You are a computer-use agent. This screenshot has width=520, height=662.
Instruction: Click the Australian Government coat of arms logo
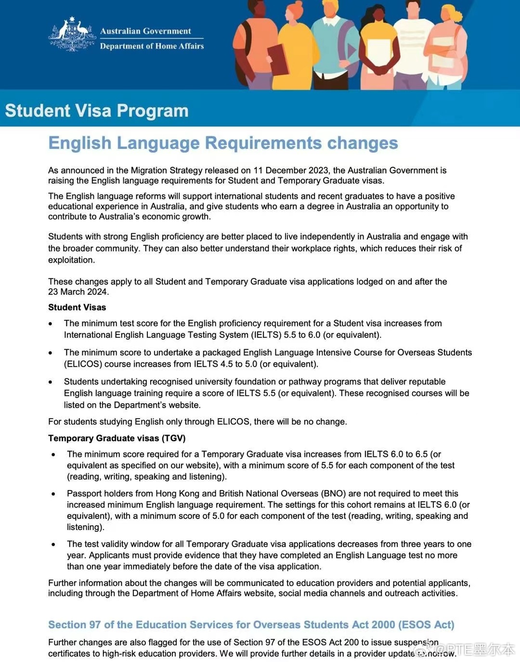pyautogui.click(x=72, y=34)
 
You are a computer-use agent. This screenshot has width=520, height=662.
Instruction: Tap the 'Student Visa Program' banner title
pyautogui.click(x=97, y=110)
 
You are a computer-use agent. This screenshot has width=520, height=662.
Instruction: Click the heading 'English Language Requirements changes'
pyautogui.click(x=223, y=143)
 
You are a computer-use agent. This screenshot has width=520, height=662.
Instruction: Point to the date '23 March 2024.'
pyautogui.click(x=78, y=292)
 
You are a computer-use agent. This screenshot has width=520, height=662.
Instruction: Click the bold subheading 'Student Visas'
pyautogui.click(x=77, y=307)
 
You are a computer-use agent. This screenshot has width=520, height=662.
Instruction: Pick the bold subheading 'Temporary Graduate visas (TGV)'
pyautogui.click(x=117, y=438)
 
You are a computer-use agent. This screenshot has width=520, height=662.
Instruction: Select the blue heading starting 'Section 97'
pyautogui.click(x=251, y=625)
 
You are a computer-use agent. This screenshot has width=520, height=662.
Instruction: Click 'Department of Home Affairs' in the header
pyautogui.click(x=152, y=46)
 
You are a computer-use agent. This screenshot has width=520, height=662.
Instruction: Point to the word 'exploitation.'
pyautogui.click(x=71, y=260)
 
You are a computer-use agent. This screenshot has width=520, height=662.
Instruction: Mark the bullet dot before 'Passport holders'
pyautogui.click(x=53, y=494)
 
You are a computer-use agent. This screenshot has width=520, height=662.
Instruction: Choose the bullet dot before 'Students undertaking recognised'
pyautogui.click(x=51, y=382)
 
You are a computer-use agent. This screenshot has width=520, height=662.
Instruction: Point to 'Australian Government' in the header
pyautogui.click(x=145, y=31)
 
